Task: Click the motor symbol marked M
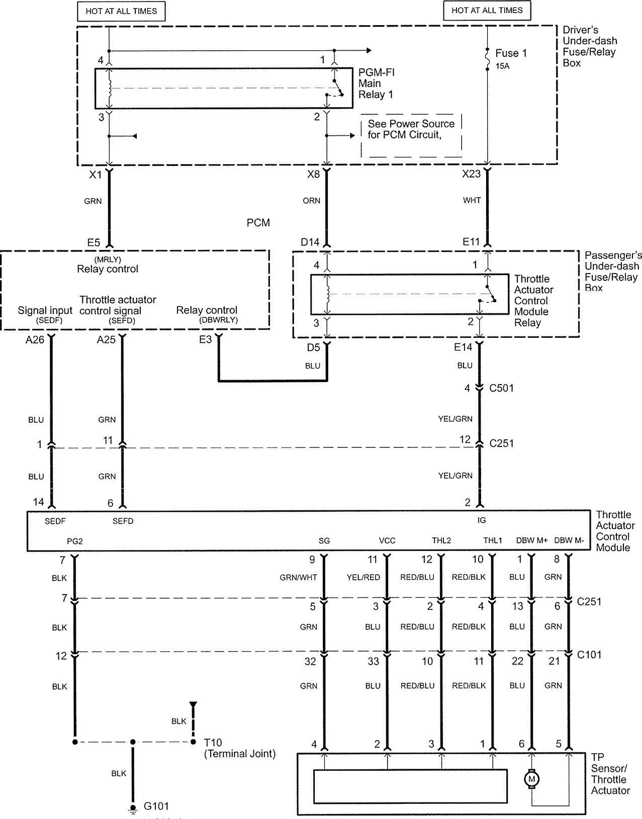531,779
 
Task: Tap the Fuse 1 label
511,53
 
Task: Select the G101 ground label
156,806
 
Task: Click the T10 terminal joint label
213,743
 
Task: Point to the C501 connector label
501,388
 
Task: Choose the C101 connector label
589,655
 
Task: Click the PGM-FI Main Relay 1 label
376,83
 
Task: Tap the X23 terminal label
472,174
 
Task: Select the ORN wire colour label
312,201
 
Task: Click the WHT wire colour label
472,201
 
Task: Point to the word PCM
258,223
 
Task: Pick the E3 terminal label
206,340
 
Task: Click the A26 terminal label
35,340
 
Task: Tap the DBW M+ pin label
532,540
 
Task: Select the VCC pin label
387,540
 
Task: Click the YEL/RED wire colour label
363,577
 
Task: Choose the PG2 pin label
74,541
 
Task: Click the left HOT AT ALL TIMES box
121,11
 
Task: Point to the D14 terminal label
310,242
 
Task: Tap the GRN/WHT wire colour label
298,577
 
